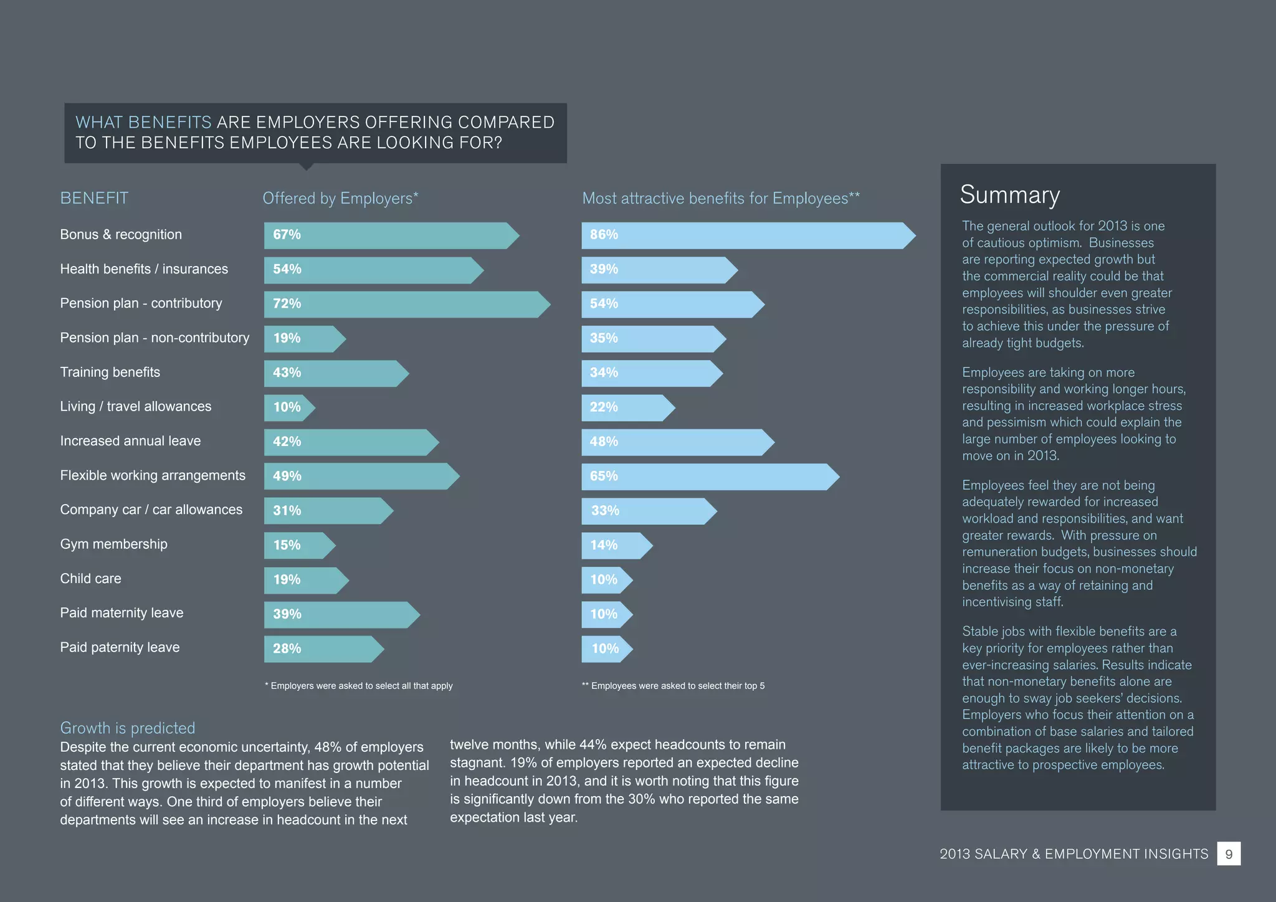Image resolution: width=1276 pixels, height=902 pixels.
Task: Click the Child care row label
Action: coord(90,579)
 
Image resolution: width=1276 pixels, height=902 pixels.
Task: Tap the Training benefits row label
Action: coord(110,373)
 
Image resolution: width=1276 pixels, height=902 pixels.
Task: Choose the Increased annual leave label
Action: coord(130,441)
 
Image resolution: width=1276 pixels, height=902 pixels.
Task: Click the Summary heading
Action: coord(1009,195)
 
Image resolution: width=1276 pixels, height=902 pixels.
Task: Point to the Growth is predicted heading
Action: coord(127,728)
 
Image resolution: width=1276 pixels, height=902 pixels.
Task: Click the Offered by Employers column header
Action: coord(340,198)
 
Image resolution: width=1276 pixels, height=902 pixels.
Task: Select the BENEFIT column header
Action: coord(94,198)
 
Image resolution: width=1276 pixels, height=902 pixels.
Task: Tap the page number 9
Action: coord(1229,854)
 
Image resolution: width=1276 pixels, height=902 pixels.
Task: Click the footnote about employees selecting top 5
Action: coord(673,686)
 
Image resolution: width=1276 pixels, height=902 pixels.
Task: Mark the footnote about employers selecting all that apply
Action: coord(359,686)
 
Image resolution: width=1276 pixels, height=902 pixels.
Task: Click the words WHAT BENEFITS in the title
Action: coord(143,122)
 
